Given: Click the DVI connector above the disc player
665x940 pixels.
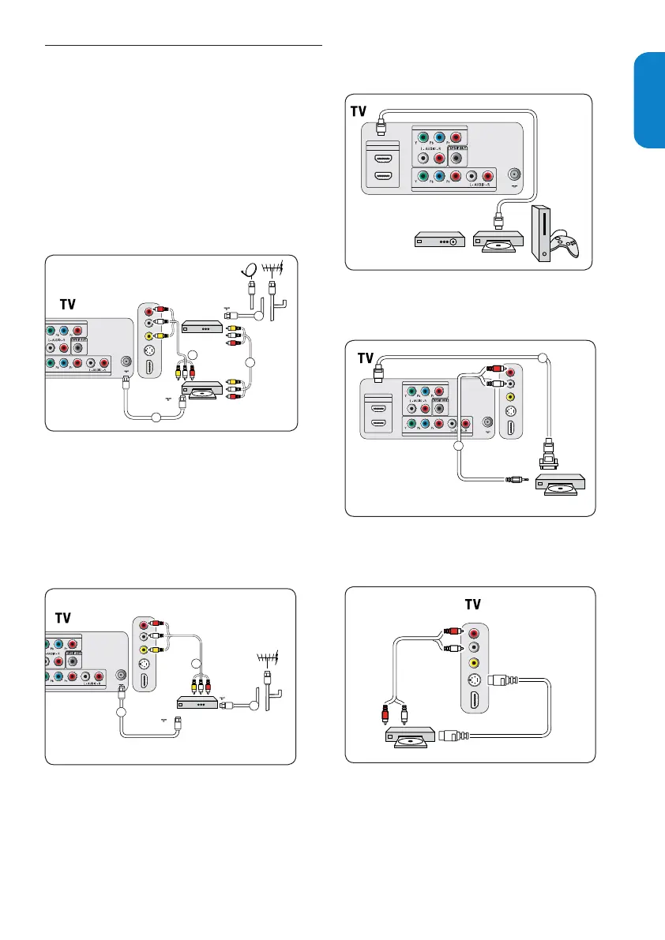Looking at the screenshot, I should pyautogui.click(x=547, y=459).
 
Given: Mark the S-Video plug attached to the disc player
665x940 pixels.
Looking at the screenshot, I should pyautogui.click(x=454, y=734).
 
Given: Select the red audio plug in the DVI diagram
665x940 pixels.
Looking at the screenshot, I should pyautogui.click(x=494, y=367).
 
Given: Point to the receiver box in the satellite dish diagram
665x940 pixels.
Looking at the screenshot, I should pyautogui.click(x=201, y=326).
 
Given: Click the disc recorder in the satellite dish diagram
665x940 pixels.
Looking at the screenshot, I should pyautogui.click(x=201, y=390).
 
